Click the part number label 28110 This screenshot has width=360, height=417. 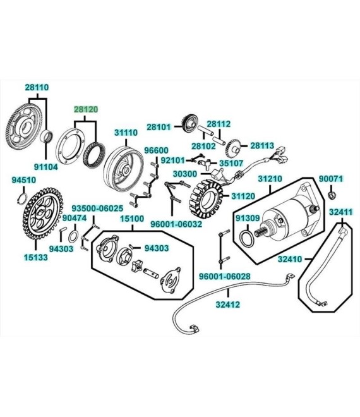(x=37, y=87)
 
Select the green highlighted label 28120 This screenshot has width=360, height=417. (x=86, y=109)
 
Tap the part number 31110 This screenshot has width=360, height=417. (x=126, y=133)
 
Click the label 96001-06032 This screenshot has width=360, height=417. (x=176, y=224)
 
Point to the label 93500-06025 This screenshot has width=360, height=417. (x=97, y=208)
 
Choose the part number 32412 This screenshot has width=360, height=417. (x=227, y=305)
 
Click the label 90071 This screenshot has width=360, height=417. (x=331, y=179)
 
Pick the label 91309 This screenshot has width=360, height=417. (x=248, y=218)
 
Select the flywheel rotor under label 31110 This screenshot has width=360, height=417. (x=123, y=167)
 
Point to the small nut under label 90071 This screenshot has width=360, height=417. (x=331, y=195)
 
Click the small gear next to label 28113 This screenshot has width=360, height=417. (x=233, y=148)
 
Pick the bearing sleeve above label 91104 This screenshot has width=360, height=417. (x=47, y=136)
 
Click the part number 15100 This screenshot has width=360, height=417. (x=132, y=219)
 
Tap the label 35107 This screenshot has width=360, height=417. (x=231, y=163)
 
